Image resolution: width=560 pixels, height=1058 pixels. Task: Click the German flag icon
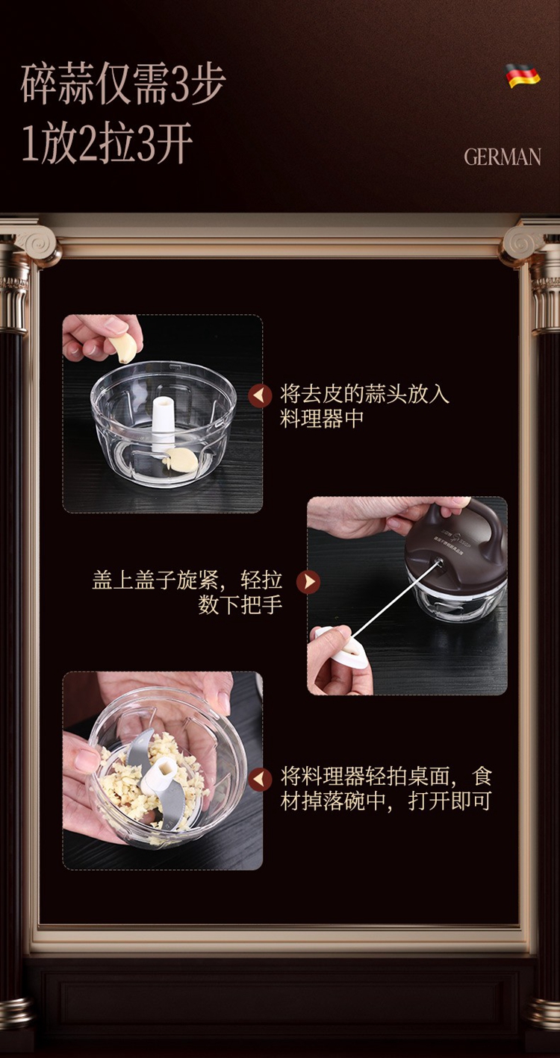(523, 75)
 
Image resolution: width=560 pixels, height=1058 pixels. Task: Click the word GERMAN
(503, 157)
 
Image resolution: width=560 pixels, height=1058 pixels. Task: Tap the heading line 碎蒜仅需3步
(123, 85)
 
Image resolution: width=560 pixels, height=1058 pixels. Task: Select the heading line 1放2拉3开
(108, 143)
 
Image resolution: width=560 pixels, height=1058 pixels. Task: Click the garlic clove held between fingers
(123, 348)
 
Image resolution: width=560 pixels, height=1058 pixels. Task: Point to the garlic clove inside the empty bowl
(181, 460)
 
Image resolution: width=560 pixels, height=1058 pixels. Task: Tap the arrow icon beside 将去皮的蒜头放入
(260, 395)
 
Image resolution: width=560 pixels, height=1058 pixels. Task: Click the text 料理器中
(322, 419)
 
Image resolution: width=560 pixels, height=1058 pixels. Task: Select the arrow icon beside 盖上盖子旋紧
(308, 581)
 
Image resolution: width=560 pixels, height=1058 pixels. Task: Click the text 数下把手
(240, 604)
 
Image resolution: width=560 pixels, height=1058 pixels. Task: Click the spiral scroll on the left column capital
(38, 245)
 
